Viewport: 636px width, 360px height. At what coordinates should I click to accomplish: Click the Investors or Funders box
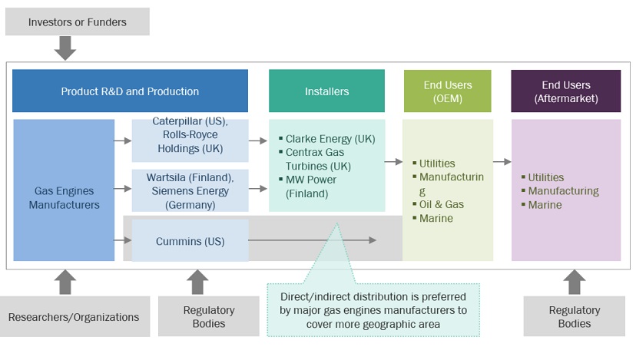[x=77, y=21]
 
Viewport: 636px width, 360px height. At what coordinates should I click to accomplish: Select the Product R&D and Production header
[x=130, y=91]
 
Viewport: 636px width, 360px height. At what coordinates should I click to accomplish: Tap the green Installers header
[x=326, y=91]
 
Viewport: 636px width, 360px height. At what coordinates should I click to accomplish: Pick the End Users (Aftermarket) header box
[x=565, y=91]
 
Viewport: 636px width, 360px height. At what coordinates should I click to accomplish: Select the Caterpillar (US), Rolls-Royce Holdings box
[x=190, y=140]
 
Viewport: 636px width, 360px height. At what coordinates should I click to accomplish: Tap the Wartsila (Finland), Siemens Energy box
[x=190, y=191]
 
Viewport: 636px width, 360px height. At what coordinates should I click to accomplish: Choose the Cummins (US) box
[x=190, y=241]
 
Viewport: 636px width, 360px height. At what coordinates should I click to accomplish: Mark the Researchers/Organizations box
[x=74, y=316]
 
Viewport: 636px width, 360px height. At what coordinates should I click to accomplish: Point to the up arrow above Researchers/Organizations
[x=65, y=282]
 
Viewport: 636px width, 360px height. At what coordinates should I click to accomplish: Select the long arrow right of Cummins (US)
[x=312, y=240]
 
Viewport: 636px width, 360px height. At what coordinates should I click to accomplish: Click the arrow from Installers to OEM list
[x=394, y=162]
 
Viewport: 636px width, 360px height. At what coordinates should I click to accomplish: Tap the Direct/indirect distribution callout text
[x=373, y=309]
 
